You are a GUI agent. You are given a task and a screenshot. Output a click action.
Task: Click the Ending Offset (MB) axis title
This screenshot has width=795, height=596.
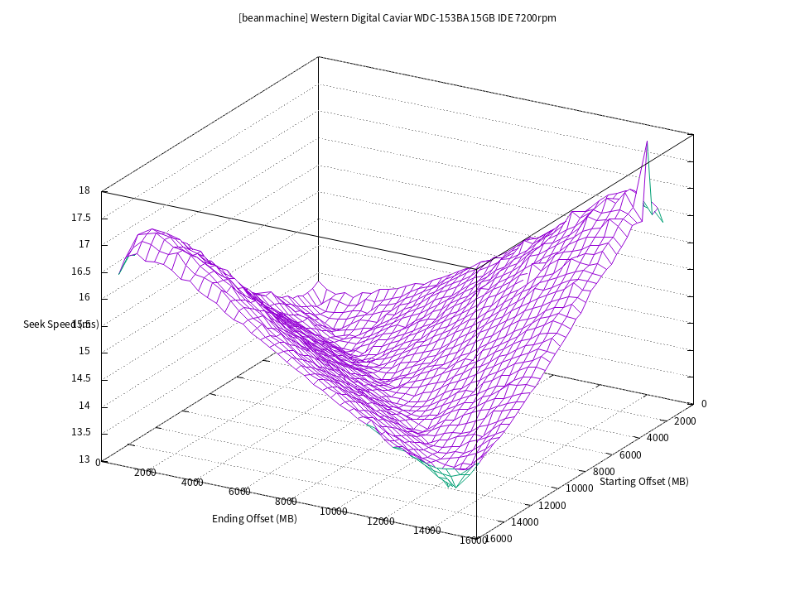(x=254, y=519)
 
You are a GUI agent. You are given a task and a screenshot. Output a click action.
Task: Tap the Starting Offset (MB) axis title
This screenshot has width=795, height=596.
(x=643, y=482)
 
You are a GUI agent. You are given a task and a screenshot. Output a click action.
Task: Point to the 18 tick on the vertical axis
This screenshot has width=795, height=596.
(x=84, y=190)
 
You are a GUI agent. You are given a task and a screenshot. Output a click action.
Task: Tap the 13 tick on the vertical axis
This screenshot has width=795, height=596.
(x=84, y=459)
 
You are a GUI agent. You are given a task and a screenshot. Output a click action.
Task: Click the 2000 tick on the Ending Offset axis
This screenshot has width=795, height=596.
(x=145, y=473)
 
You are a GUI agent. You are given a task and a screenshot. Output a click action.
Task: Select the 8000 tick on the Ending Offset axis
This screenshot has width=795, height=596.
(x=286, y=502)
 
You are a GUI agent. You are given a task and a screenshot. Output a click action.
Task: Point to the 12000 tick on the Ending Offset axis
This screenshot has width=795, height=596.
(x=381, y=521)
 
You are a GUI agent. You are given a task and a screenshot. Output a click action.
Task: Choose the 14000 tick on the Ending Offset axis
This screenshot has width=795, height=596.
(x=428, y=531)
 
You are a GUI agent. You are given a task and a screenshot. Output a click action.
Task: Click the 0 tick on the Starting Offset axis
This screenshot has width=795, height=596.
(x=704, y=404)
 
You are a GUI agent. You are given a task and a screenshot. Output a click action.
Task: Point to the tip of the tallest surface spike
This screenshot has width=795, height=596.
(x=647, y=142)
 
